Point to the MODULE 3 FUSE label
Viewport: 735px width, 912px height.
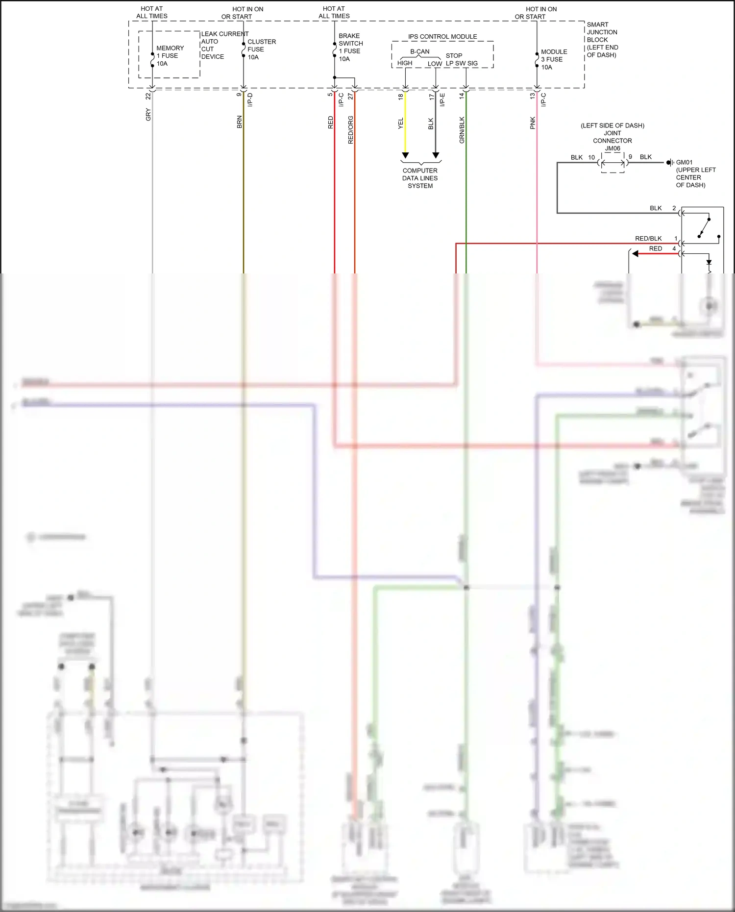coord(553,59)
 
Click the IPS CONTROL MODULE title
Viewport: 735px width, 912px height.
coord(442,37)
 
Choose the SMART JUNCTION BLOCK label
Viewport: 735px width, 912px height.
coord(602,40)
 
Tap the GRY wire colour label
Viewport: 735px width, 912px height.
coord(148,115)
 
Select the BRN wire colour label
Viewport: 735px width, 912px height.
coord(239,122)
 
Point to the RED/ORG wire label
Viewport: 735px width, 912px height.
coord(350,130)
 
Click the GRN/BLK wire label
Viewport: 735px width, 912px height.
coord(462,130)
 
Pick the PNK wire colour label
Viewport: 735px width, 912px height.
coord(533,123)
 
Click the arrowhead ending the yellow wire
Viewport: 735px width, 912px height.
coord(405,155)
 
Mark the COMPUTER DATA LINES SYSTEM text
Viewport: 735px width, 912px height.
coord(420,178)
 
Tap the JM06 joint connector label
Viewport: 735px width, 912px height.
coord(612,148)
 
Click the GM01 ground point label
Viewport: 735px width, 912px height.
coord(685,162)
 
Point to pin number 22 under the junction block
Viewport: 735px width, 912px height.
coord(148,97)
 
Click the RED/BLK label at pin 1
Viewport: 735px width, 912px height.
coord(648,239)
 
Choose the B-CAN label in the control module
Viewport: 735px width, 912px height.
coord(420,51)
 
